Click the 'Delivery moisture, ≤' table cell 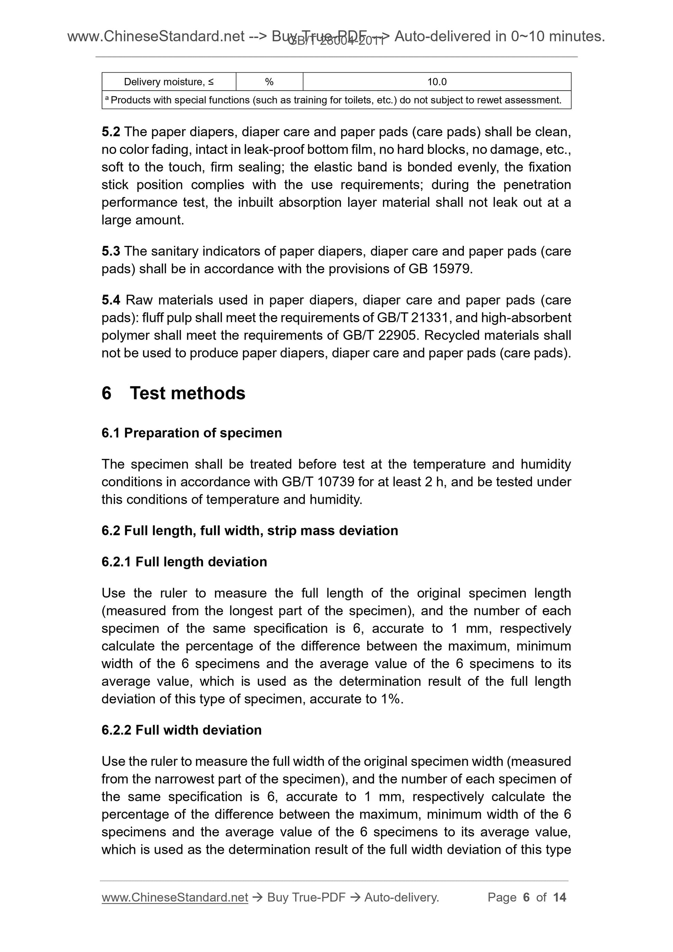point(169,82)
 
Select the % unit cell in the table point(269,82)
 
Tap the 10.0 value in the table point(437,82)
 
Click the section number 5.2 point(111,132)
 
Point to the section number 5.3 point(111,251)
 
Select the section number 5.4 point(111,300)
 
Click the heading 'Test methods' point(187,393)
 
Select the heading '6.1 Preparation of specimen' point(192,433)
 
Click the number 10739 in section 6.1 point(335,482)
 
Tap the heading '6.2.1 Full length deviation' point(184,562)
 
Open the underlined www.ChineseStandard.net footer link point(175,898)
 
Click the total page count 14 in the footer point(559,898)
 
